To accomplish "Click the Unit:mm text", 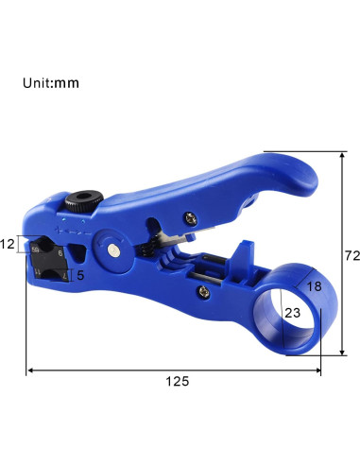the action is (x=51, y=83).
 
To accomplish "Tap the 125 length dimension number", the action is (x=178, y=381).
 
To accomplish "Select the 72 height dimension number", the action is (x=352, y=255).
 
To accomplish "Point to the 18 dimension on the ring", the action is (x=314, y=286).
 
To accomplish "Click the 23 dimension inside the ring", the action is (x=293, y=313).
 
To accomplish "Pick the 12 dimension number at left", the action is (x=8, y=244).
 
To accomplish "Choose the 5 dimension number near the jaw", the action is (x=80, y=275).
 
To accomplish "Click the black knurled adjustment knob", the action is (x=84, y=200).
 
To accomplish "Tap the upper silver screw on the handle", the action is (x=191, y=218).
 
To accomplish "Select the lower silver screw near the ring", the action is (x=204, y=291).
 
